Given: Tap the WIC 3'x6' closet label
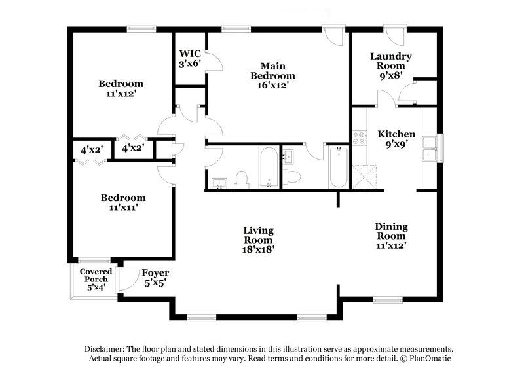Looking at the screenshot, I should pos(189,59).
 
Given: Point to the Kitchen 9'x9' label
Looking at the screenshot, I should pos(396,139).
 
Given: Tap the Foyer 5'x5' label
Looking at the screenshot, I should pos(155,278).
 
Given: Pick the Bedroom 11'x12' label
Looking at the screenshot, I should pos(121,88).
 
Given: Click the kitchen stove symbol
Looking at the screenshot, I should pos(359,138).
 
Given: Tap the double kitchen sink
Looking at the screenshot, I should pos(430,149).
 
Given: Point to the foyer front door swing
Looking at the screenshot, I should pos(129,280).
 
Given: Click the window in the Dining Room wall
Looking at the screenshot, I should pos(387,300).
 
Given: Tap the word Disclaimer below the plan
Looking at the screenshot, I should pos(105,349).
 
